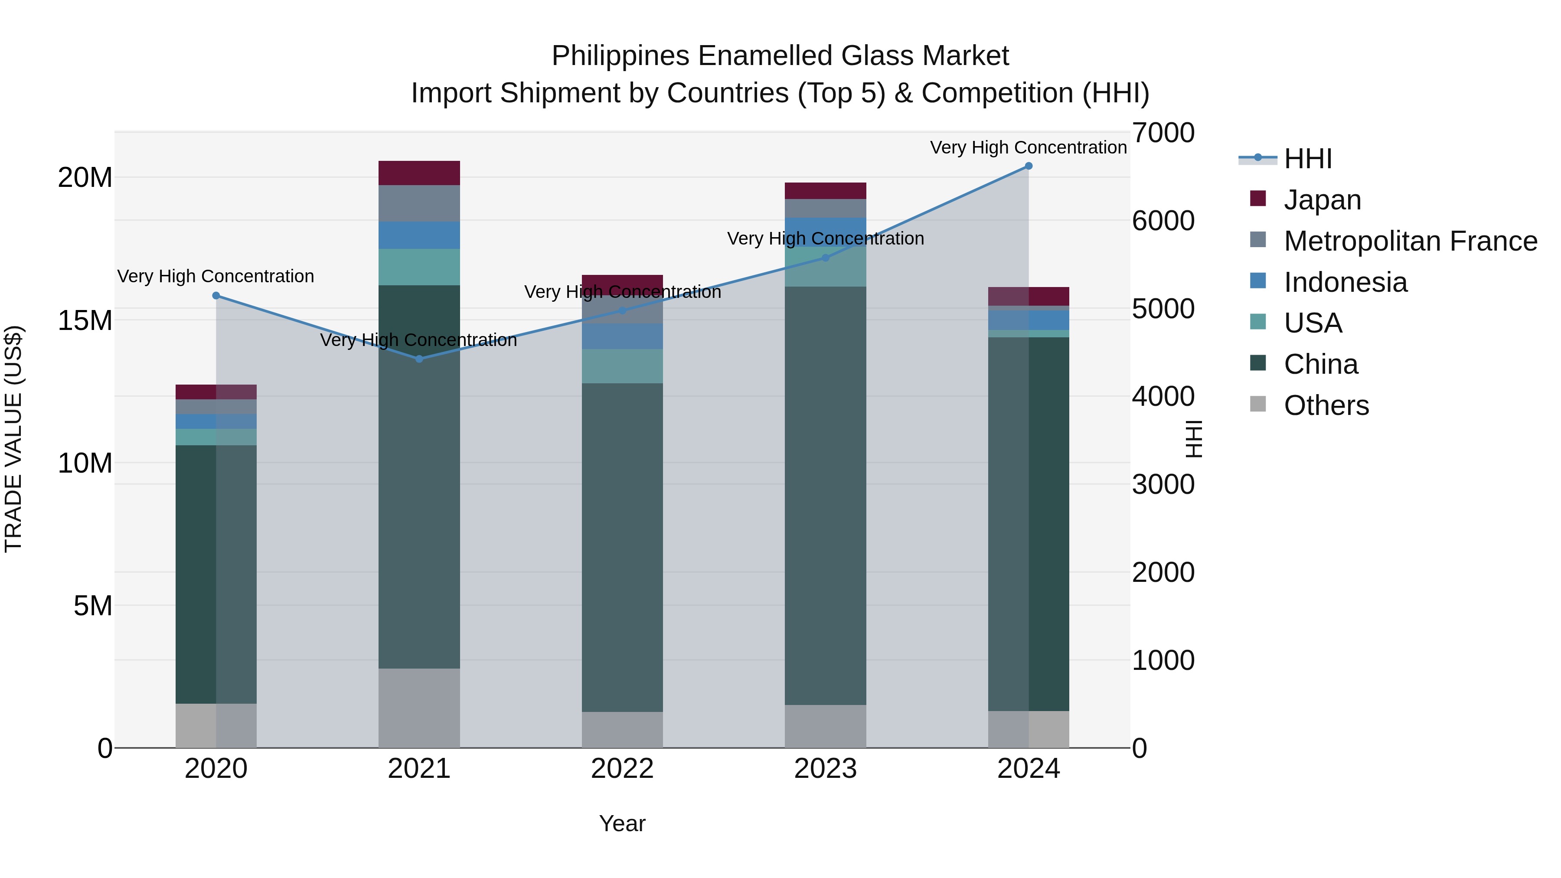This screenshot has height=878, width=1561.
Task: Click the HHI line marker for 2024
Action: (x=1029, y=166)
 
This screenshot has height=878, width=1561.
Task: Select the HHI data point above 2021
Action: (x=419, y=359)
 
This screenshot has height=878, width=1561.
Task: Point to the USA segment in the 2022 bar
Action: (x=622, y=366)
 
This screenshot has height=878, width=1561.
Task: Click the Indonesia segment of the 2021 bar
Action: (x=419, y=235)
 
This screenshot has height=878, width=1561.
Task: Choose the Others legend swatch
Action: (x=1258, y=404)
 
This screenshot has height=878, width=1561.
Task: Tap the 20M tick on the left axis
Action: (x=85, y=177)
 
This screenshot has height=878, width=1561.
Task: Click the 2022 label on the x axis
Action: (x=622, y=769)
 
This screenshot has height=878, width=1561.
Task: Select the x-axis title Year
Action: (x=622, y=823)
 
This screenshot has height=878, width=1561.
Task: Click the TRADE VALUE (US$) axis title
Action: (x=13, y=439)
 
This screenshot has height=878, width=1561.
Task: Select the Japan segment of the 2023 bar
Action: (x=825, y=190)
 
